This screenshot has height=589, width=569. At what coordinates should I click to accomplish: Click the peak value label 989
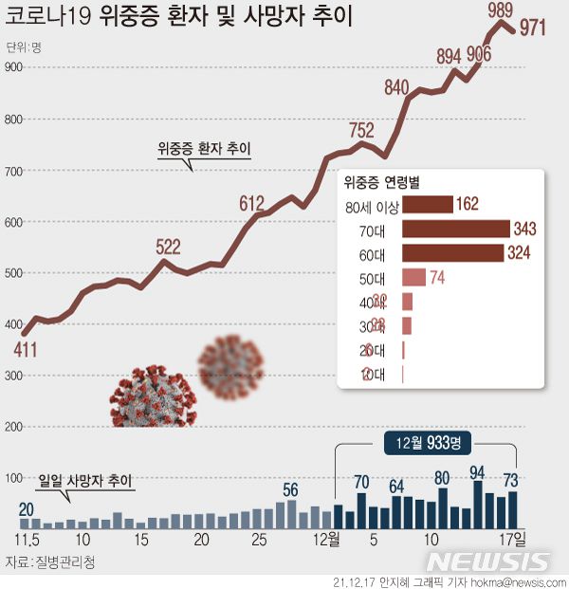click(x=502, y=11)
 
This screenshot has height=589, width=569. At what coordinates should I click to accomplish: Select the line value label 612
click(x=251, y=203)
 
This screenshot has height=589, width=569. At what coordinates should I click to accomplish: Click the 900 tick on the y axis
click(x=13, y=66)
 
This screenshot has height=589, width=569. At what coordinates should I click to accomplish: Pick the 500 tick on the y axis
click(x=13, y=273)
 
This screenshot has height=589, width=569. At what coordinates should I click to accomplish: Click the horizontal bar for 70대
click(x=456, y=229)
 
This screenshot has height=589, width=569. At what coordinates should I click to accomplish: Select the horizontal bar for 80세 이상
click(x=427, y=204)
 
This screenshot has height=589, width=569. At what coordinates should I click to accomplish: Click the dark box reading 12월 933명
click(x=429, y=442)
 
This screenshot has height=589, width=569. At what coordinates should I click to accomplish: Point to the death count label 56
click(x=291, y=490)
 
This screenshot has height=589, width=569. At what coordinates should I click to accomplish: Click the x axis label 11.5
click(x=25, y=540)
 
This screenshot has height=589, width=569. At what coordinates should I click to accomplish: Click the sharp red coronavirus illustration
click(x=152, y=394)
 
